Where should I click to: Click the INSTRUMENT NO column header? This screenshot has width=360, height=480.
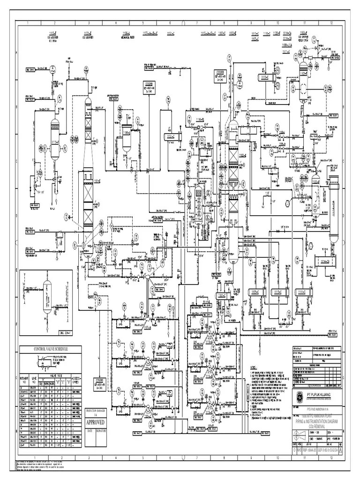24,380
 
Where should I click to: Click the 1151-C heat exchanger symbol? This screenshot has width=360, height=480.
170,137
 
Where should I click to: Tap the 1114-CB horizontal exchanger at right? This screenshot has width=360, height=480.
322,261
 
